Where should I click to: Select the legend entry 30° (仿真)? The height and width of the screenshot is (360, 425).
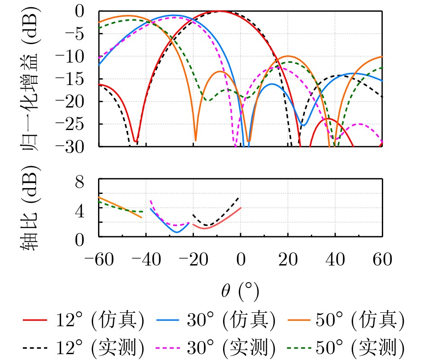point(216,320)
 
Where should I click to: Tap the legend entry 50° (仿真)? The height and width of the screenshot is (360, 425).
point(346,320)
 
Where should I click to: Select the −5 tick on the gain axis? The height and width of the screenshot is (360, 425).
point(83,34)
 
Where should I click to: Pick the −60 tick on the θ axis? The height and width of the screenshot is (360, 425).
point(98,260)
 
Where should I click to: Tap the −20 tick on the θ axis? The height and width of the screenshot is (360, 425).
point(193,260)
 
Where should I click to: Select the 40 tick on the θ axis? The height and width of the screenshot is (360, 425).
point(335,260)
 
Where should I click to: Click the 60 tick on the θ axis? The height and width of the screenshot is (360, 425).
point(382,260)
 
